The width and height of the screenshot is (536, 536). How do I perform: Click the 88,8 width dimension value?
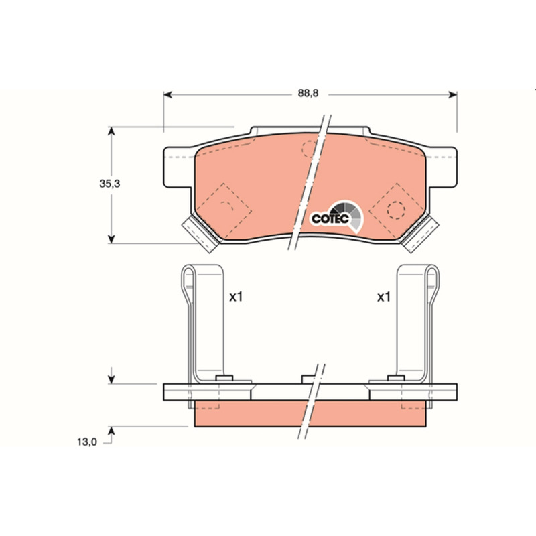point(308,93)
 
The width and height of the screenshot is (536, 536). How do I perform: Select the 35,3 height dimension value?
point(110,184)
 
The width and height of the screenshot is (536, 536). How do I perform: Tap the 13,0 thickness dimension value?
point(87,442)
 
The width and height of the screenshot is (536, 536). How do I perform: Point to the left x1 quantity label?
point(236,297)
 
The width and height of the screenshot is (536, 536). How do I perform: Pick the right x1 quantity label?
point(383,297)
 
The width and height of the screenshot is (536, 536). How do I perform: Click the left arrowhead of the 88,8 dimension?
point(167,94)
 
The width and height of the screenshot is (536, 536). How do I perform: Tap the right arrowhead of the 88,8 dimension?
point(453,94)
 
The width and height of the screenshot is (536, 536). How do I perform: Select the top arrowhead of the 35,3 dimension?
point(111,131)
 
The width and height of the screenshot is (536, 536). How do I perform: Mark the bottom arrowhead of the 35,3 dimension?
point(111,239)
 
